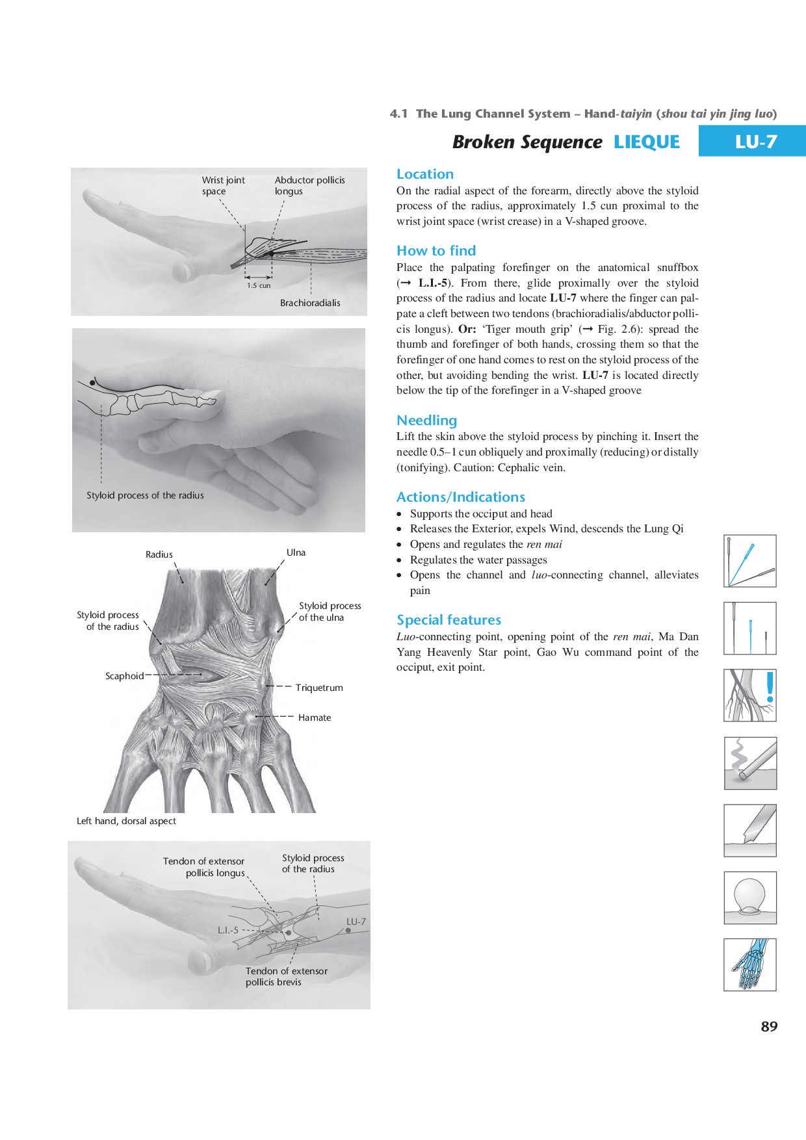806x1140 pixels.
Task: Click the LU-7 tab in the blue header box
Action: [755, 142]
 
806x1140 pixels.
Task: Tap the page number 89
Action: [769, 1026]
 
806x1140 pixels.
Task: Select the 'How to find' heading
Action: [436, 251]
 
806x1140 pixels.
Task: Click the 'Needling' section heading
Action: [426, 421]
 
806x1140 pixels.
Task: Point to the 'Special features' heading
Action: [448, 620]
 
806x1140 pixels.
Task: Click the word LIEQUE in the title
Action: [646, 142]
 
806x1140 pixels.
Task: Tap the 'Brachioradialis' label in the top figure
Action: [310, 303]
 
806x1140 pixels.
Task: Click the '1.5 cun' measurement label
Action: [259, 285]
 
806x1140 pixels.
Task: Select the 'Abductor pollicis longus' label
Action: [309, 185]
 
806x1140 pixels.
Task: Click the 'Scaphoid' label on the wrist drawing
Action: [124, 676]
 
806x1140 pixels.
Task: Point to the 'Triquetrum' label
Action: [318, 688]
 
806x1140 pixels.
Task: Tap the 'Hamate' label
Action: [315, 718]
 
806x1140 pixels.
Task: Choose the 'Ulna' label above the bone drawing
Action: [296, 552]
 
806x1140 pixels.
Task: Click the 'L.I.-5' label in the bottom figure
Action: [228, 930]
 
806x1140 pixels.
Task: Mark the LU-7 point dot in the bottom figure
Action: [348, 931]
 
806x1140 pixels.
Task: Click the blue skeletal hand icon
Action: [750, 965]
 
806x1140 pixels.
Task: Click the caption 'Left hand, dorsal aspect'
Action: [126, 821]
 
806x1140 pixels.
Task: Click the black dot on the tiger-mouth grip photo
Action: [92, 383]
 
